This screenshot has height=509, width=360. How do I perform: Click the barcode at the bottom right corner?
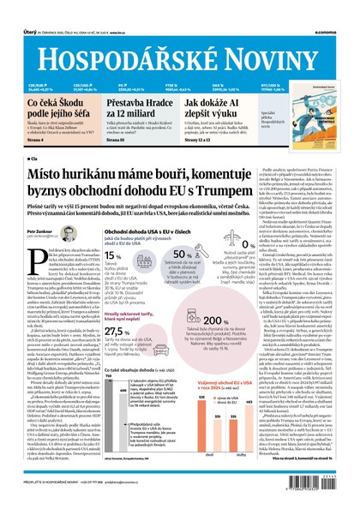click(321, 484)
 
